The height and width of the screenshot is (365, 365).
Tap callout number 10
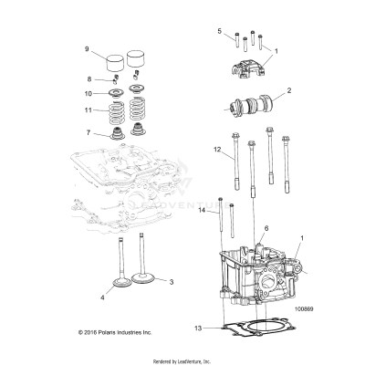coord(88,93)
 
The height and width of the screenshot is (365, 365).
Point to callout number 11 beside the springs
coord(88,110)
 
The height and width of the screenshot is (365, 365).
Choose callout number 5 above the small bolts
coord(219,31)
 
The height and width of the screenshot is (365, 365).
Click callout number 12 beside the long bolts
coord(217,148)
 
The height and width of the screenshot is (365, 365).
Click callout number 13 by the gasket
coord(198,327)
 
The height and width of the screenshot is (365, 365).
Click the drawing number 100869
coord(308,308)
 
